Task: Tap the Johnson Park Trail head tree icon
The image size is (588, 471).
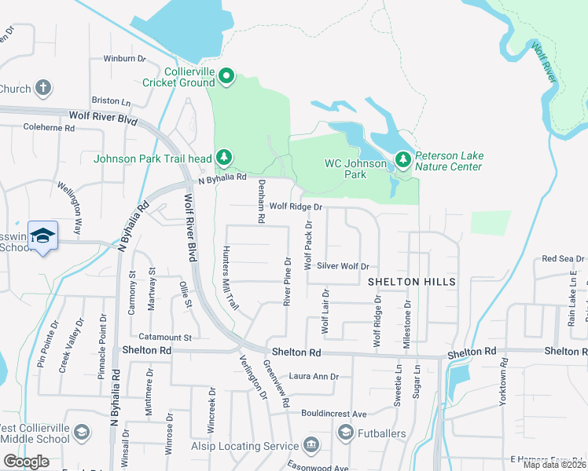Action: pos(224,158)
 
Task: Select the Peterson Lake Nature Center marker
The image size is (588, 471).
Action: pos(403,160)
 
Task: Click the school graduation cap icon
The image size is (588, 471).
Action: pos(43,235)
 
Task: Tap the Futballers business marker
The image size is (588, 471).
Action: pos(345,433)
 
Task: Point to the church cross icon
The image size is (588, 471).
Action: pos(43,88)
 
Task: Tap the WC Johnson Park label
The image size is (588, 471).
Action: pos(356,169)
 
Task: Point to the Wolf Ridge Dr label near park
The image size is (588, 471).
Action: pos(296,206)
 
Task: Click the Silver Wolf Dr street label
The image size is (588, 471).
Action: pos(343,266)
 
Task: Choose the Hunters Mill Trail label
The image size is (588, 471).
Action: pos(229,278)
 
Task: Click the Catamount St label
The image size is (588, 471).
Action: pos(167,337)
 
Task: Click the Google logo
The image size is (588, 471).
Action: pos(27,462)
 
